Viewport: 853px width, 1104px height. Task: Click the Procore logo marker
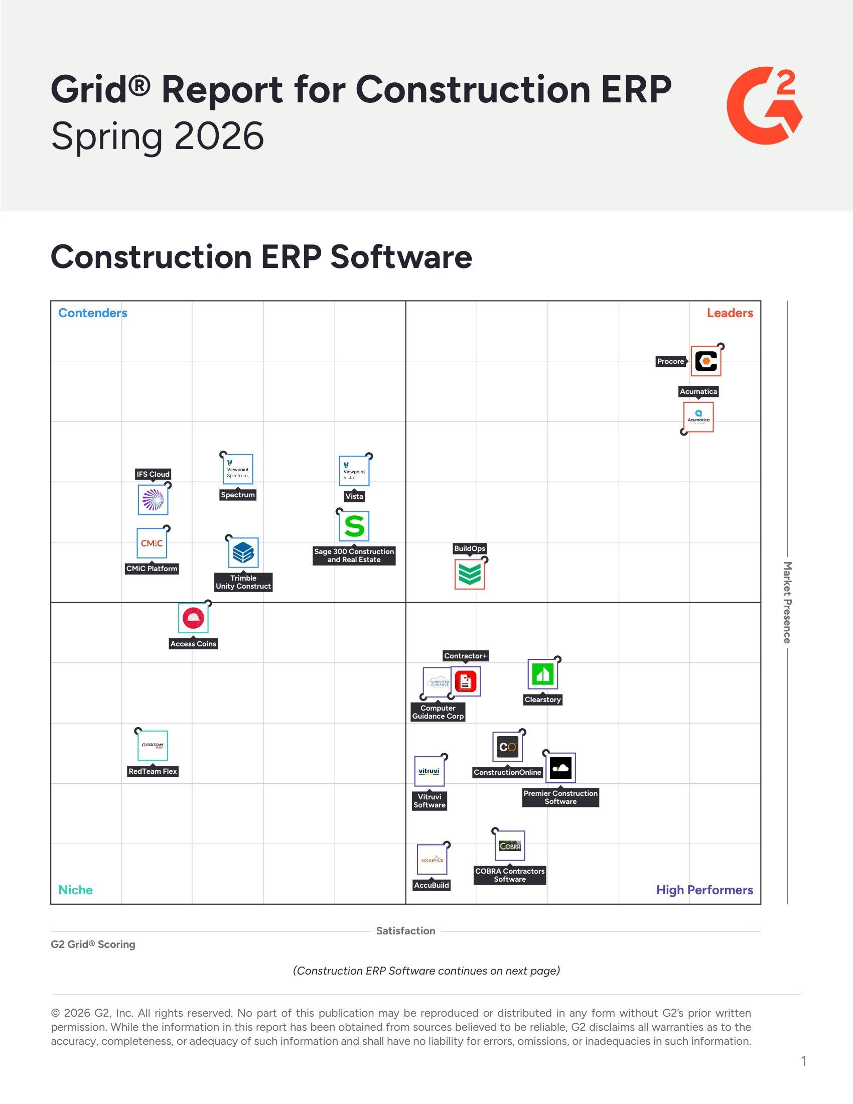click(x=705, y=361)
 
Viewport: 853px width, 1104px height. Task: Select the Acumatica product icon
click(x=698, y=417)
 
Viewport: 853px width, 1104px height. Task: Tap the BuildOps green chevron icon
click(x=470, y=574)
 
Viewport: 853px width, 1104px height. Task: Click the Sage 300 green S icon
click(x=354, y=526)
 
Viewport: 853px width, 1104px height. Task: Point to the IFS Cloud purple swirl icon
click(x=153, y=500)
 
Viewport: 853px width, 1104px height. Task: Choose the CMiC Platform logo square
click(x=152, y=543)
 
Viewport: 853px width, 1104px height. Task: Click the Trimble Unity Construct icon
click(x=243, y=553)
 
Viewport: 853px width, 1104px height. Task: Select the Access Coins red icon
click(x=193, y=618)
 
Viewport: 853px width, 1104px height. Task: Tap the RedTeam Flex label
click(x=153, y=771)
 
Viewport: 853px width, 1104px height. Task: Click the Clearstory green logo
click(x=542, y=674)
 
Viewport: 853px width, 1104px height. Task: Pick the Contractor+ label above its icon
click(x=466, y=656)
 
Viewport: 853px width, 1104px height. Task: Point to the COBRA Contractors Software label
click(x=509, y=875)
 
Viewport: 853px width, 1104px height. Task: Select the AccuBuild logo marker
click(x=432, y=859)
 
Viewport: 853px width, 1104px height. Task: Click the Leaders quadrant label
click(x=729, y=313)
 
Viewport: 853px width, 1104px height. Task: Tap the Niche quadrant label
click(x=75, y=890)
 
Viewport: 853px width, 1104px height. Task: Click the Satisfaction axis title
click(x=405, y=931)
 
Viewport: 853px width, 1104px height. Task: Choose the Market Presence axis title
click(x=787, y=602)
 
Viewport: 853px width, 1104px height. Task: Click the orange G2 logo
click(x=764, y=105)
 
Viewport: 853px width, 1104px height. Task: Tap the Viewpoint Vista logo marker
click(x=354, y=471)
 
